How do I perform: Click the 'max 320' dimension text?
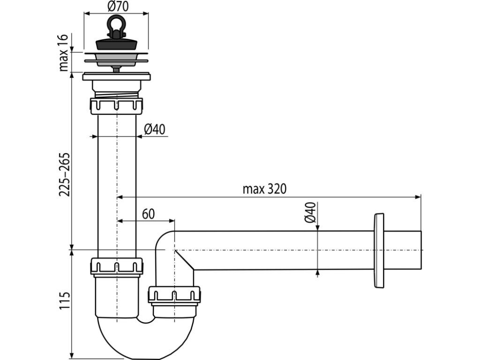point(264,189)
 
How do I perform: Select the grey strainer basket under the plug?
point(116,59)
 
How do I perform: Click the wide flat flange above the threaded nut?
point(116,76)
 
